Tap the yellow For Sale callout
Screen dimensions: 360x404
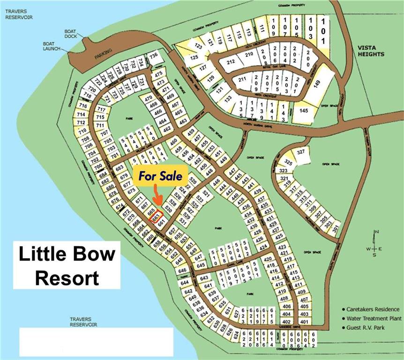[161, 177]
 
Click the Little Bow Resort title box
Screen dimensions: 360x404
[67, 265]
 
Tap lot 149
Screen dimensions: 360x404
[316, 85]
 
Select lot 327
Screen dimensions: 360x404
[301, 152]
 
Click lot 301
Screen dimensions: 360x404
[334, 228]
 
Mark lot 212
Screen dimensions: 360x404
[231, 61]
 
